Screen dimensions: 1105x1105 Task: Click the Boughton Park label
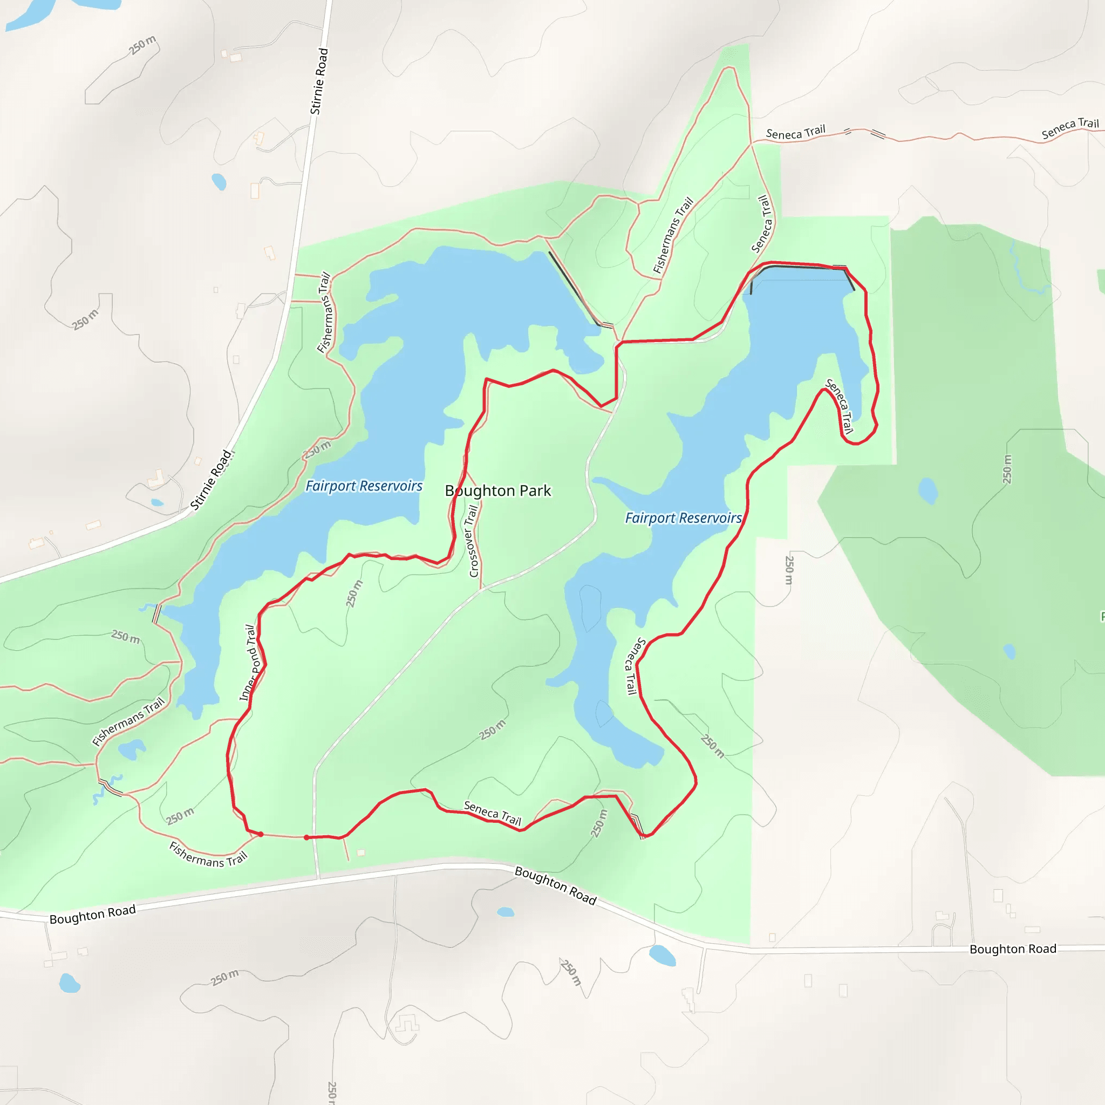click(x=497, y=491)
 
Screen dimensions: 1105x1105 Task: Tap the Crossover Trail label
click(x=473, y=541)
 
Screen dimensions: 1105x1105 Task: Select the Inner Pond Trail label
click(x=250, y=663)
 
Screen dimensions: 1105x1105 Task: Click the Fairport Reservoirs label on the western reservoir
click(x=364, y=486)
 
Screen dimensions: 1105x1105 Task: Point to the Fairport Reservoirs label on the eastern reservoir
click(x=683, y=518)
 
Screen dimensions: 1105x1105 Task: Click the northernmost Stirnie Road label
click(x=319, y=81)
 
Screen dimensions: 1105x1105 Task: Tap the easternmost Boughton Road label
click(x=1012, y=949)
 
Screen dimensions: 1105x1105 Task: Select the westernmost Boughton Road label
click(x=93, y=914)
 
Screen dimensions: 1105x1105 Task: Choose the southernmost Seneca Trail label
click(x=493, y=813)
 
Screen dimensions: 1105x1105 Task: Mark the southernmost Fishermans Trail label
click(x=208, y=855)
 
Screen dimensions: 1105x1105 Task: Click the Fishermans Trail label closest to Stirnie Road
click(x=325, y=312)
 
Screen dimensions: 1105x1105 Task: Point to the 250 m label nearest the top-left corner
click(x=142, y=45)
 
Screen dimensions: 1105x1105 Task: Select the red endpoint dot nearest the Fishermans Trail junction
click(x=261, y=835)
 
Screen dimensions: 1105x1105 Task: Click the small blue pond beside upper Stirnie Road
click(x=219, y=182)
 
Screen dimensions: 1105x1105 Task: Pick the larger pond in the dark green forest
click(x=927, y=491)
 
